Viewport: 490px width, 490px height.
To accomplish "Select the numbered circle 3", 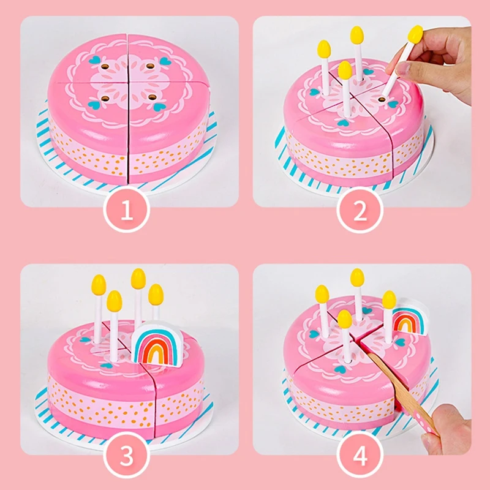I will tap(127, 456).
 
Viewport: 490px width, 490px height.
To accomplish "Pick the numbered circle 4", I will tap(360, 456).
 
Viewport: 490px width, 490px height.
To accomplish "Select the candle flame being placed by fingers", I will tap(415, 34).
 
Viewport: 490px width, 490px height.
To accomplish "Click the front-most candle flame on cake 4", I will tap(345, 318).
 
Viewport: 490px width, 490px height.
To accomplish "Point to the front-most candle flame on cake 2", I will tap(345, 70).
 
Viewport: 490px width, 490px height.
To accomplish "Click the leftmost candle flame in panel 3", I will tap(99, 285).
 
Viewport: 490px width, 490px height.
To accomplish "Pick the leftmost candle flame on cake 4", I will tap(322, 294).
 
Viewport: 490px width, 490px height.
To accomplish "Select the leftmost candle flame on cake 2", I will tap(324, 49).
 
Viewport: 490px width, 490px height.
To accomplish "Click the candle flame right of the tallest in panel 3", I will tap(156, 293).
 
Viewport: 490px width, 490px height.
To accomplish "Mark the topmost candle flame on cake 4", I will tap(358, 277).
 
